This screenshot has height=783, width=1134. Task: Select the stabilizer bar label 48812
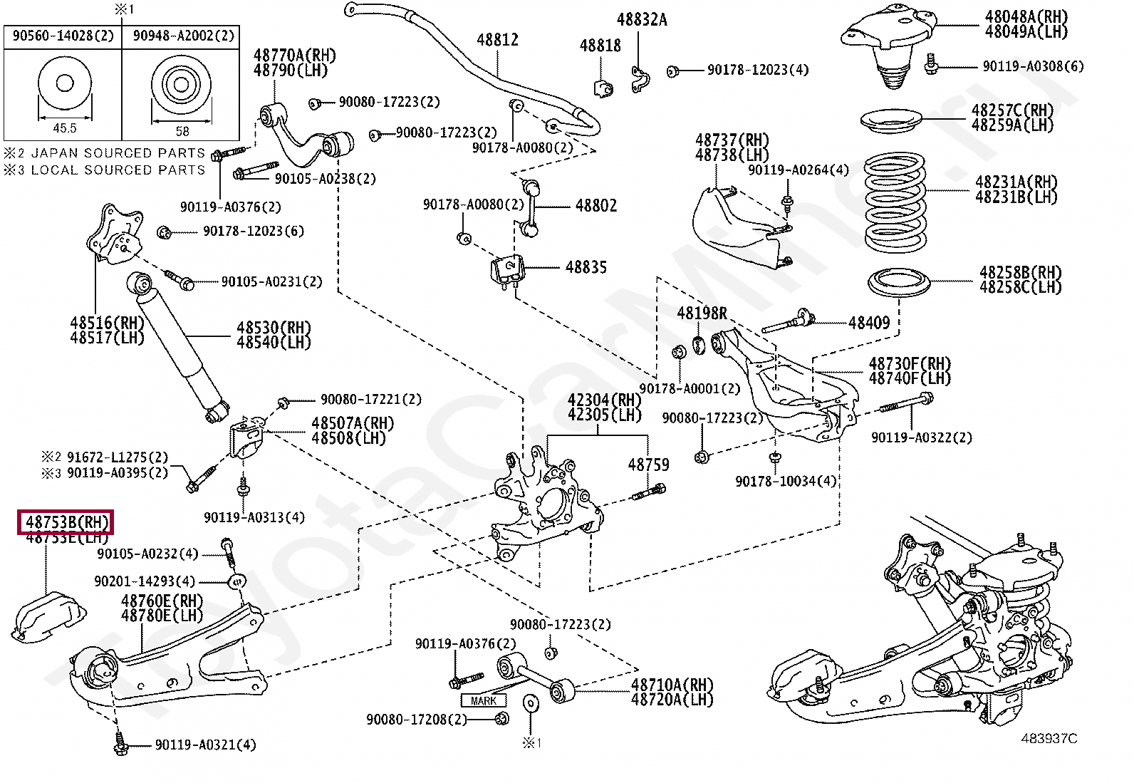coord(497,41)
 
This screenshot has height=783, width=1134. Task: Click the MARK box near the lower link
coord(484,700)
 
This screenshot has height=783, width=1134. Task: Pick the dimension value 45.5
coord(64,128)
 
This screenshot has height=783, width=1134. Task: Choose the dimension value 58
coord(182,131)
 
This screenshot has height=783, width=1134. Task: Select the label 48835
coord(586,267)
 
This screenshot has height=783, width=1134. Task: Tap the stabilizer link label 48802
coord(596,206)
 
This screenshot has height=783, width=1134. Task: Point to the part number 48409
coord(868,323)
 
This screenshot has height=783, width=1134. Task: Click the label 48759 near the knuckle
coord(648,465)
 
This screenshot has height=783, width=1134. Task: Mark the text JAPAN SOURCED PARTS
coord(118,153)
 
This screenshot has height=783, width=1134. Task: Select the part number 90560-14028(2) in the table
coord(63,35)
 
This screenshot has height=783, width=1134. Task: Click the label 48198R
coord(702,313)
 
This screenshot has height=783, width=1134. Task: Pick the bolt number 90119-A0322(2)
coord(921,437)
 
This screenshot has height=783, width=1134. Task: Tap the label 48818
coord(600,46)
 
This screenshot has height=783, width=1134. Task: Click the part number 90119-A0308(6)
coord(1033,66)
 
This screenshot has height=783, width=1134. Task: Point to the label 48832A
coord(641,20)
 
